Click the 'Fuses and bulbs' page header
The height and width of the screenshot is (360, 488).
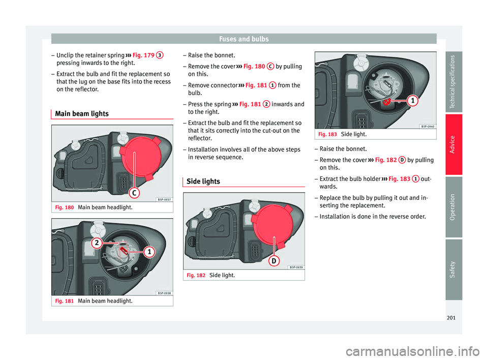point(243,39)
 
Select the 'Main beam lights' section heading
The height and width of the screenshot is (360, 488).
point(82,114)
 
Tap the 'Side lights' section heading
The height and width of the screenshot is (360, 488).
point(203,181)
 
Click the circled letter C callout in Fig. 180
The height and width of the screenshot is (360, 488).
point(134,193)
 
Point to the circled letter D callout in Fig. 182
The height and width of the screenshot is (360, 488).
point(274,261)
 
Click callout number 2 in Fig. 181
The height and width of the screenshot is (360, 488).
point(97,243)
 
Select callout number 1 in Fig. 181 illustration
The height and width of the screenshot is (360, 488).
point(149,251)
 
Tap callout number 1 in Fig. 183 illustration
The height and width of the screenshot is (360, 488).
point(413,101)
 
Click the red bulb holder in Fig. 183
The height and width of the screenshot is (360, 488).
point(387,102)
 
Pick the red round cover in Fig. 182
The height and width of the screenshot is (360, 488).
point(273,225)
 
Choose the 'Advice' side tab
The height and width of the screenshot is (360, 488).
point(453,144)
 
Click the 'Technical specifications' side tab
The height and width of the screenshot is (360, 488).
point(453,81)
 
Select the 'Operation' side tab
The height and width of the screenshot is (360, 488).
point(453,207)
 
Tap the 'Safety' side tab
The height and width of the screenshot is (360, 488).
point(453,269)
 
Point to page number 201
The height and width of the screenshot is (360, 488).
point(451,318)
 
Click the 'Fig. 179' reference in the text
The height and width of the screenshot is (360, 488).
point(143,55)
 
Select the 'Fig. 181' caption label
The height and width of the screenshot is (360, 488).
point(65,301)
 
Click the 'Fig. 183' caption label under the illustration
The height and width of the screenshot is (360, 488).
point(327,134)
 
